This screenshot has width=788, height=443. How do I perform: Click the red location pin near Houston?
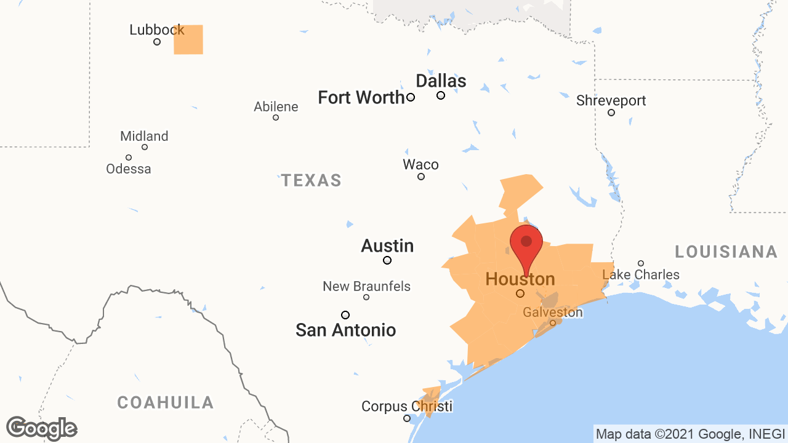526,242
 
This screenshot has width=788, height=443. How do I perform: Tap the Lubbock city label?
156,30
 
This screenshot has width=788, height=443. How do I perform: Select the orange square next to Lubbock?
188,40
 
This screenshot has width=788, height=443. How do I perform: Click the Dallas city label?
441,81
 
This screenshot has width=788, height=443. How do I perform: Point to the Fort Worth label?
361,97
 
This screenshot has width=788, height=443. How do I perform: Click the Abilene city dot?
276,118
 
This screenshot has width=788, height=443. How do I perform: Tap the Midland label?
144,136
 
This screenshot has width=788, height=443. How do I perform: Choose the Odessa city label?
129,169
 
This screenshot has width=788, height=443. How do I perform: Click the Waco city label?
420,164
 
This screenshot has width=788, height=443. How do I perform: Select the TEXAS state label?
312,180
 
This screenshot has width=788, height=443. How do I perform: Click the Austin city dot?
387,260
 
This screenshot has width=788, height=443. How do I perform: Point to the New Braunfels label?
366,286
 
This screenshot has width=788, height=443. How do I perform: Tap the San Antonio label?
345,330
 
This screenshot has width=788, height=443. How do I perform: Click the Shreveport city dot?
611,113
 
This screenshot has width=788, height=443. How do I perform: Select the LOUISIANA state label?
726,252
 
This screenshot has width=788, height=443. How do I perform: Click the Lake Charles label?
641,274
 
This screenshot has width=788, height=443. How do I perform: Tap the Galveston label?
552,312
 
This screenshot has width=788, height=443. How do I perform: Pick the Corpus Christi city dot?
407,418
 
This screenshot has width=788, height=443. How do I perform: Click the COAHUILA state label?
166,402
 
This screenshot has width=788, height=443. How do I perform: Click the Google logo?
41,428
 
